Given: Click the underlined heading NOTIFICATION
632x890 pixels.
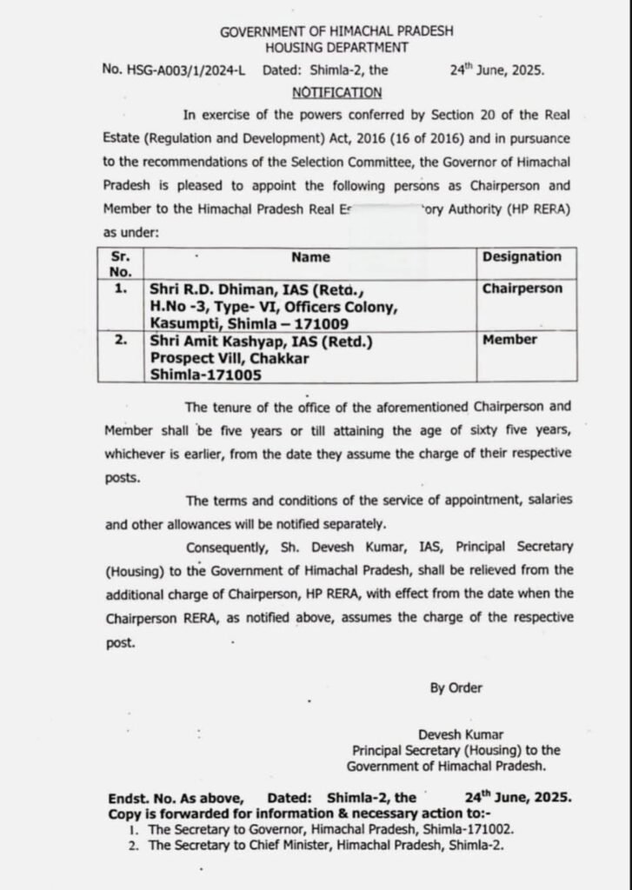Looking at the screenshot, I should pyautogui.click(x=336, y=92).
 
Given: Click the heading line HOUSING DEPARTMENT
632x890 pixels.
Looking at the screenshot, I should pyautogui.click(x=336, y=48).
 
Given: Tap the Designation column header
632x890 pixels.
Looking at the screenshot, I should pyautogui.click(x=522, y=256).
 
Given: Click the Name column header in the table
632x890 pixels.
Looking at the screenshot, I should pyautogui.click(x=310, y=257).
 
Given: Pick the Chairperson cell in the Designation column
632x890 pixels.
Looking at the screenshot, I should pyautogui.click(x=522, y=289).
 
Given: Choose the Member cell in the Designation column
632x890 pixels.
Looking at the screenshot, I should pyautogui.click(x=509, y=340).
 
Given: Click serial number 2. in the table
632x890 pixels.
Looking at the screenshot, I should pyautogui.click(x=122, y=341).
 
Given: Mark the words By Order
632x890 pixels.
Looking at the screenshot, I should pyautogui.click(x=456, y=687).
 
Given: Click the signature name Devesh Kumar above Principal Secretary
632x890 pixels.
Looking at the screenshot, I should pyautogui.click(x=460, y=734).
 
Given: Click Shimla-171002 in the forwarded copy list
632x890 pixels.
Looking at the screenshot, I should pyautogui.click(x=470, y=830).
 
